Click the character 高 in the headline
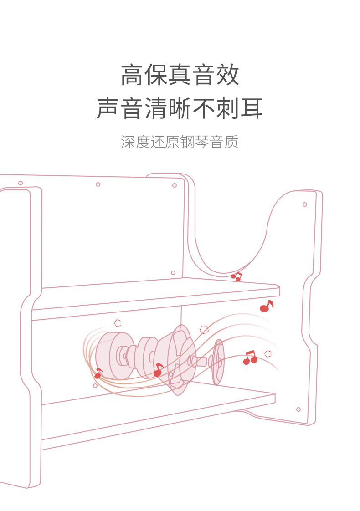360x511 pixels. (x=132, y=75)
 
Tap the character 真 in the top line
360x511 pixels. (x=180, y=75)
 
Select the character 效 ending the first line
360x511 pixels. (x=227, y=75)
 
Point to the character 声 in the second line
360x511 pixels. (x=108, y=109)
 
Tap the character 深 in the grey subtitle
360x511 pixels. (x=129, y=142)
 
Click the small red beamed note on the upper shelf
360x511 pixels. (x=236, y=276)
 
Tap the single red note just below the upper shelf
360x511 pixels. (x=266, y=307)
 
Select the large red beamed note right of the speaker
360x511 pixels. (x=250, y=358)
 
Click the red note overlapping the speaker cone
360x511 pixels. (x=158, y=370)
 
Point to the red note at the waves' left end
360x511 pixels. (x=98, y=374)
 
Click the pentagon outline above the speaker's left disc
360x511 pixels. (x=118, y=323)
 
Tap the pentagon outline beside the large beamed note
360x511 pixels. (x=268, y=353)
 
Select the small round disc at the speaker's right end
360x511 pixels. (x=219, y=362)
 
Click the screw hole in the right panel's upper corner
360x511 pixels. (x=305, y=204)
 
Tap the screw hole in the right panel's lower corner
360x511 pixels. (x=298, y=409)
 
